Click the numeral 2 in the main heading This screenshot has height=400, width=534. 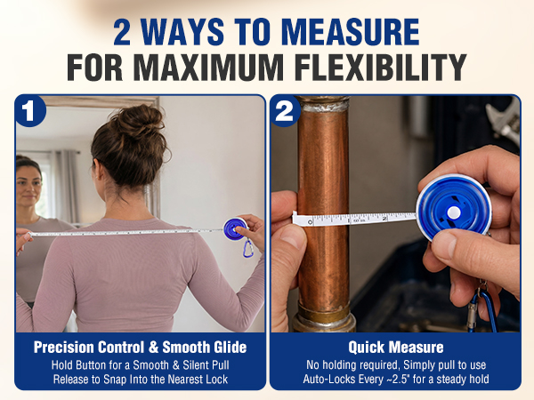[x=122, y=32]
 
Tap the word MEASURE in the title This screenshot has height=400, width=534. [x=350, y=32]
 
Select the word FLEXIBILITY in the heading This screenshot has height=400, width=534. [x=380, y=67]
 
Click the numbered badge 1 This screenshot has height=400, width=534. [x=29, y=111]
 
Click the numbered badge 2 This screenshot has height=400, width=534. [x=285, y=111]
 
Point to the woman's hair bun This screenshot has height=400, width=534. [x=141, y=120]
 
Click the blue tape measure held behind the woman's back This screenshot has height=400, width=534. [x=235, y=228]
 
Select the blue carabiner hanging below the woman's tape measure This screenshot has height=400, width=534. [x=248, y=248]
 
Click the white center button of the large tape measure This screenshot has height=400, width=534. [x=453, y=213]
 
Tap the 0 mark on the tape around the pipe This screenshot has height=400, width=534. [x=310, y=222]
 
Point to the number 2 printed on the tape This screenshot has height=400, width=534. [x=384, y=219]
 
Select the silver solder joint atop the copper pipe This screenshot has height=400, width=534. [x=324, y=107]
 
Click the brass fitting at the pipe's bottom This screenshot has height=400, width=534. [x=324, y=317]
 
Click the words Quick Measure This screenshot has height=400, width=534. [x=396, y=348]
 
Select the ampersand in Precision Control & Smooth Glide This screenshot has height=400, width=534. [x=153, y=348]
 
